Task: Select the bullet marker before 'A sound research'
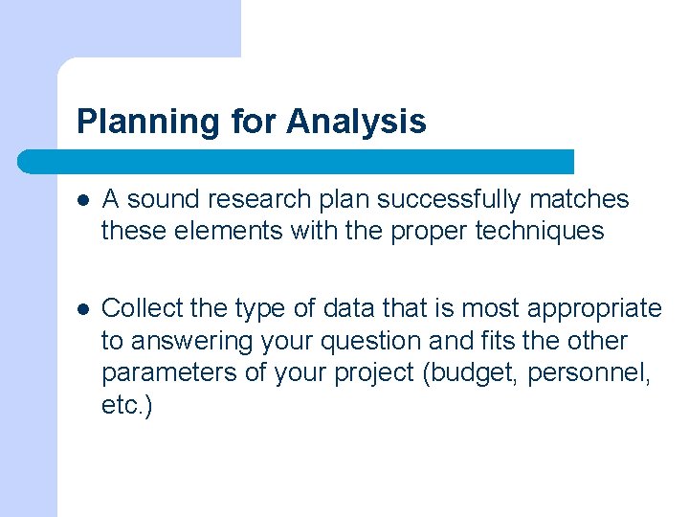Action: [x=83, y=200]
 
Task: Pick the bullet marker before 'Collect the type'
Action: [x=83, y=309]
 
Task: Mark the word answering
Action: [x=176, y=342]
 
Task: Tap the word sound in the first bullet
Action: [x=159, y=199]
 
